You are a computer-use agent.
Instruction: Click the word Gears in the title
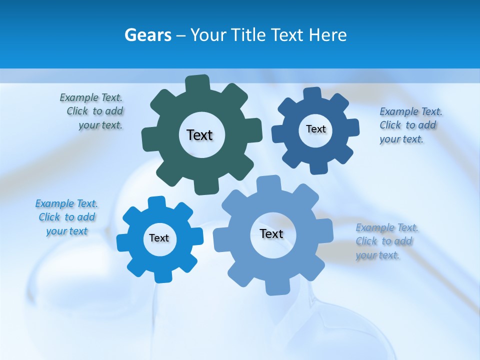[x=148, y=35]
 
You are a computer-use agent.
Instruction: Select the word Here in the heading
[x=327, y=35]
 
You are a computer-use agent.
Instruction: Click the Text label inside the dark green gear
[x=199, y=135]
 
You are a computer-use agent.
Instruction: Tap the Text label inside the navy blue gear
[x=315, y=129]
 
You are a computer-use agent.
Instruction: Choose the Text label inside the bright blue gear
[x=159, y=238]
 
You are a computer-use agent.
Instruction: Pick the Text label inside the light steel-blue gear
[x=271, y=233]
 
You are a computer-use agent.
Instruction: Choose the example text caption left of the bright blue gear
[x=66, y=217]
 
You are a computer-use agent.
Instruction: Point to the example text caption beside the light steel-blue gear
[x=386, y=241]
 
